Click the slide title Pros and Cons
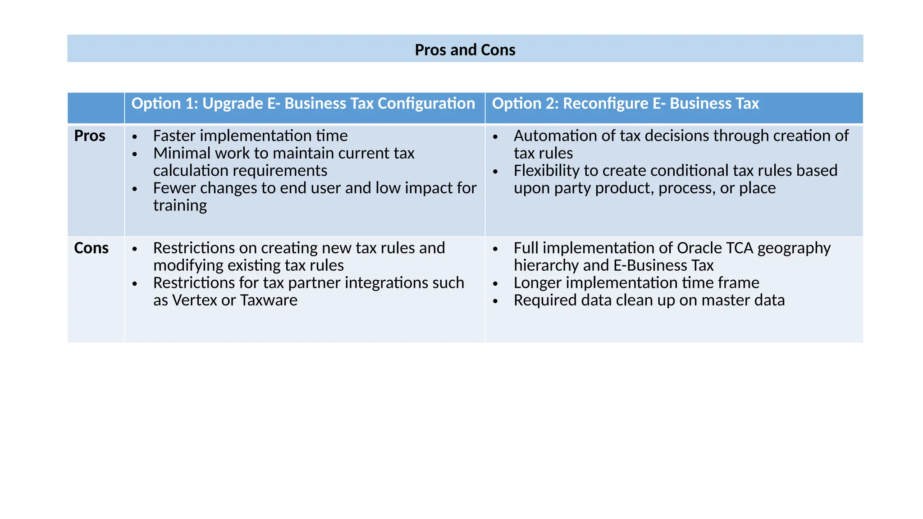pyautogui.click(x=465, y=50)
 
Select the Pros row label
pyautogui.click(x=90, y=136)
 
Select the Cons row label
pyautogui.click(x=91, y=248)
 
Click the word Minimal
pyautogui.click(x=181, y=153)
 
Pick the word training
pyautogui.click(x=180, y=205)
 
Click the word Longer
pyautogui.click(x=537, y=283)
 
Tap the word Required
pyautogui.click(x=544, y=300)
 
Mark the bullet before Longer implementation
pyautogui.click(x=495, y=284)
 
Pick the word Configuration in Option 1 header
pyautogui.click(x=426, y=104)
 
